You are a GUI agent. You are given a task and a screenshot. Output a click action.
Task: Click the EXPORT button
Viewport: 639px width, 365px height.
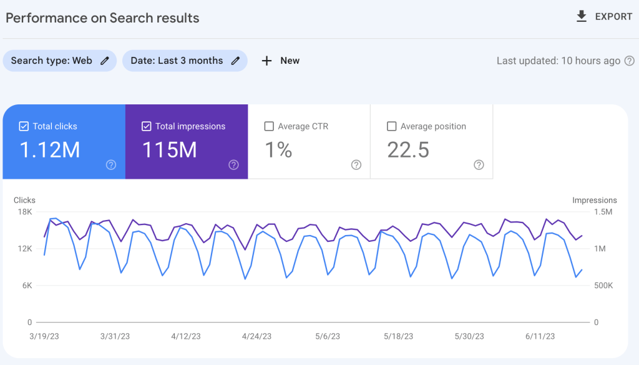click(604, 17)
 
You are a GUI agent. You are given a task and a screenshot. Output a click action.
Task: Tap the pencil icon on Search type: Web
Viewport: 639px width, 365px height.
click(105, 61)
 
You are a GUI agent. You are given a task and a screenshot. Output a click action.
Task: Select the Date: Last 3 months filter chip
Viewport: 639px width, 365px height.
click(177, 61)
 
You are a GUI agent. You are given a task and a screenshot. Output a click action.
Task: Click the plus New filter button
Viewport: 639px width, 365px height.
click(280, 61)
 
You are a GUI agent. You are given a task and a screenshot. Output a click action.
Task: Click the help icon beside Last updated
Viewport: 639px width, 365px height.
click(630, 61)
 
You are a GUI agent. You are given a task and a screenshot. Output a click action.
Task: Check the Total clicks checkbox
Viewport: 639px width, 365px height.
click(24, 126)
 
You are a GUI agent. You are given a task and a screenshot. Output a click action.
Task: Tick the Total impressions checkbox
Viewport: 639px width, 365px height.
click(146, 126)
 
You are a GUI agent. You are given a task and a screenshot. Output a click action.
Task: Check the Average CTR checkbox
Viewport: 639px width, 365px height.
click(269, 126)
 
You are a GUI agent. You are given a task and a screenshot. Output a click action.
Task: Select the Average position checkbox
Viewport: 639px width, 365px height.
click(391, 126)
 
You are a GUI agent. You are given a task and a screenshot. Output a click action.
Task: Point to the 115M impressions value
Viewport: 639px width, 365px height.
click(170, 150)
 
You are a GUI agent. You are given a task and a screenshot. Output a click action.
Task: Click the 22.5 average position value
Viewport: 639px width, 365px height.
click(408, 150)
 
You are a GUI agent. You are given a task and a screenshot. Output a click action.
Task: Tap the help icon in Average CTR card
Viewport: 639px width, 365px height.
click(356, 165)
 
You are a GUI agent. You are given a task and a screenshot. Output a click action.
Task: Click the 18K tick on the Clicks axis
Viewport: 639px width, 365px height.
click(25, 212)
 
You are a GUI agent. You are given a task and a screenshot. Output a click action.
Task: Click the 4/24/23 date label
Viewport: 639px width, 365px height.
click(256, 336)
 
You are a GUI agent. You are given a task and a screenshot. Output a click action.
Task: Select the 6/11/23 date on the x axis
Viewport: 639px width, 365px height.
click(540, 336)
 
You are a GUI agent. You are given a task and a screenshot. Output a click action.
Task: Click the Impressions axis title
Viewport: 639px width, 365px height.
click(594, 201)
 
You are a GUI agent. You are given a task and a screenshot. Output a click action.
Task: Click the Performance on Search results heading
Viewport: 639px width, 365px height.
click(102, 17)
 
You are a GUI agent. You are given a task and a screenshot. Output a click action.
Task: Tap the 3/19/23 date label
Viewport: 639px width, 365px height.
click(44, 336)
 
